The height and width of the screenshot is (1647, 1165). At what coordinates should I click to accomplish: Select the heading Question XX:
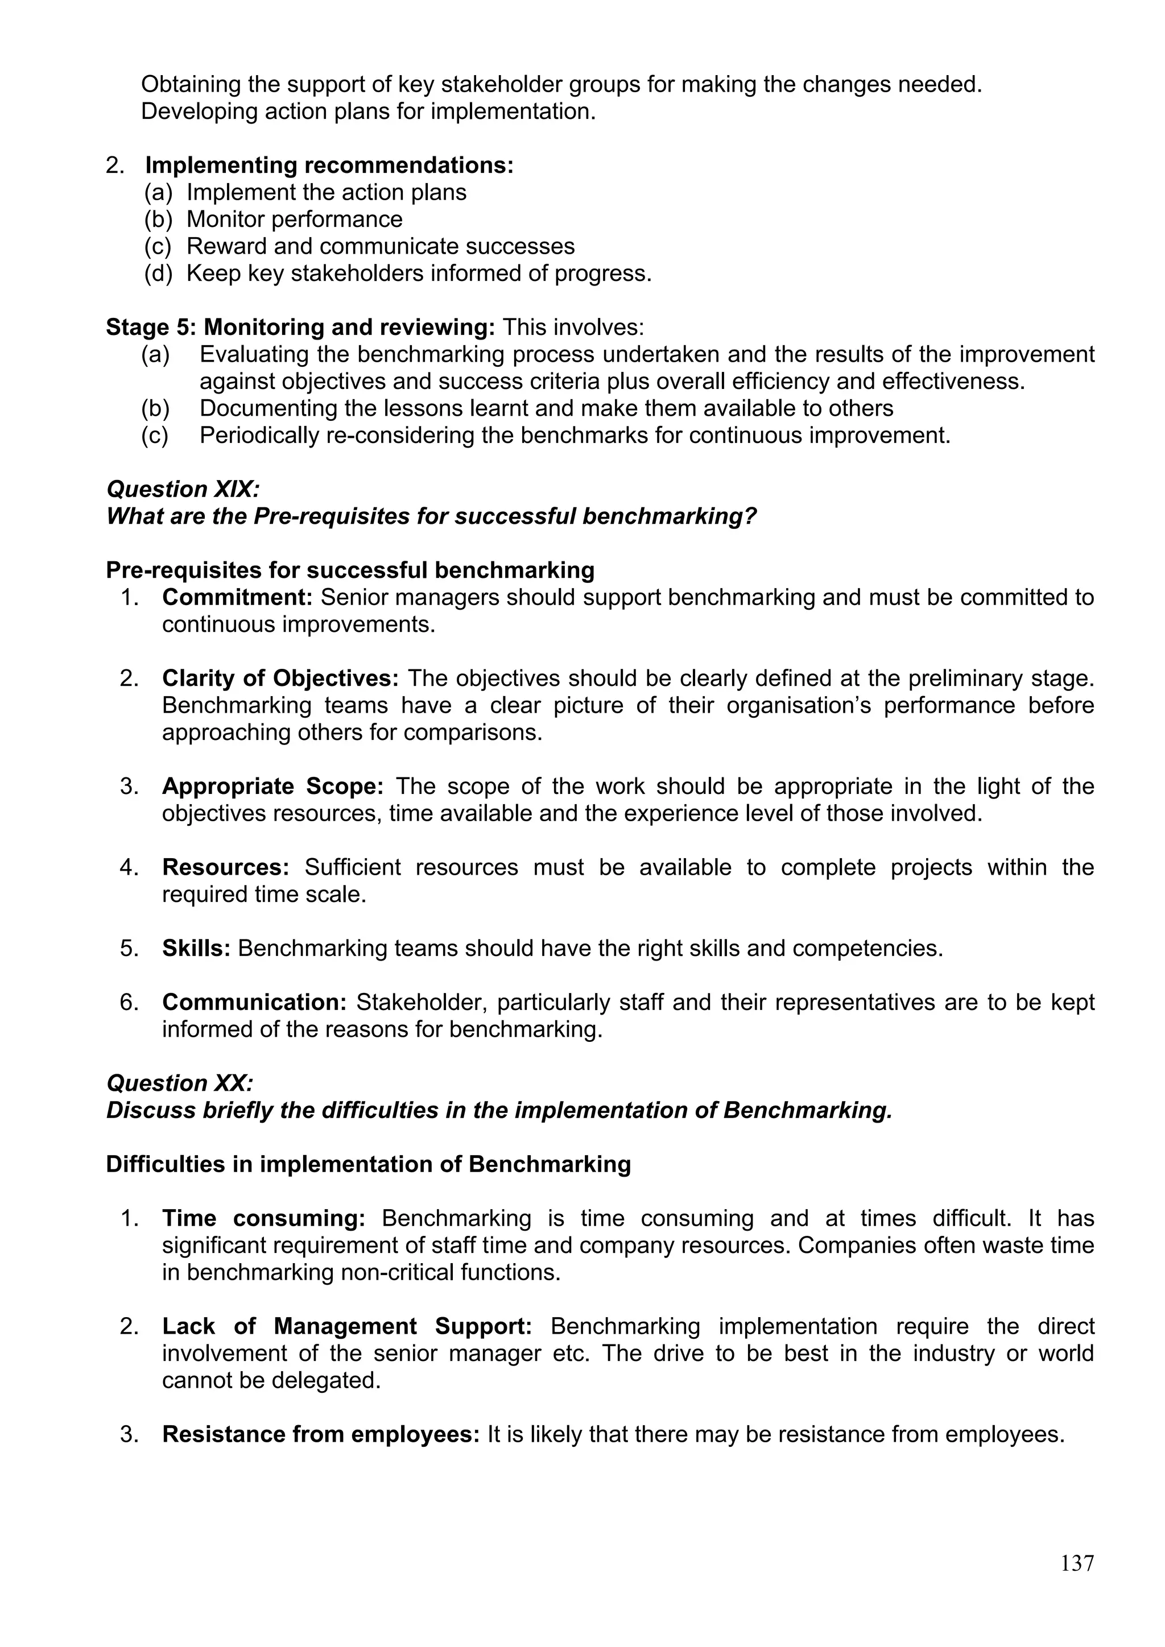179,1083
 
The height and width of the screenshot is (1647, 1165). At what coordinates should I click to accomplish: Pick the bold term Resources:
225,867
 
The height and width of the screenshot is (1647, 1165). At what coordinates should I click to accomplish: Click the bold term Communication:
254,1002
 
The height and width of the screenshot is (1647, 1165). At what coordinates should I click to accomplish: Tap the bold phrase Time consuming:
263,1218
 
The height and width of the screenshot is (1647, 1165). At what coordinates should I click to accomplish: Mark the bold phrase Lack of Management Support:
346,1326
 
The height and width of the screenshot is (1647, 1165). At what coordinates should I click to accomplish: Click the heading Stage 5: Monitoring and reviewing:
300,328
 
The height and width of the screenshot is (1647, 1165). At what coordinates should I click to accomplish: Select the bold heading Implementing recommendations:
329,165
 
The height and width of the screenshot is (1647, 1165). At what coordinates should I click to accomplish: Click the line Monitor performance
294,220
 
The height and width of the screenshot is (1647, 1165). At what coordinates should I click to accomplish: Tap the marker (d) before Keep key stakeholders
158,274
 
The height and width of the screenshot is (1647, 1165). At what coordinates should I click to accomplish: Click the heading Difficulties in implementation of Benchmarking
368,1164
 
